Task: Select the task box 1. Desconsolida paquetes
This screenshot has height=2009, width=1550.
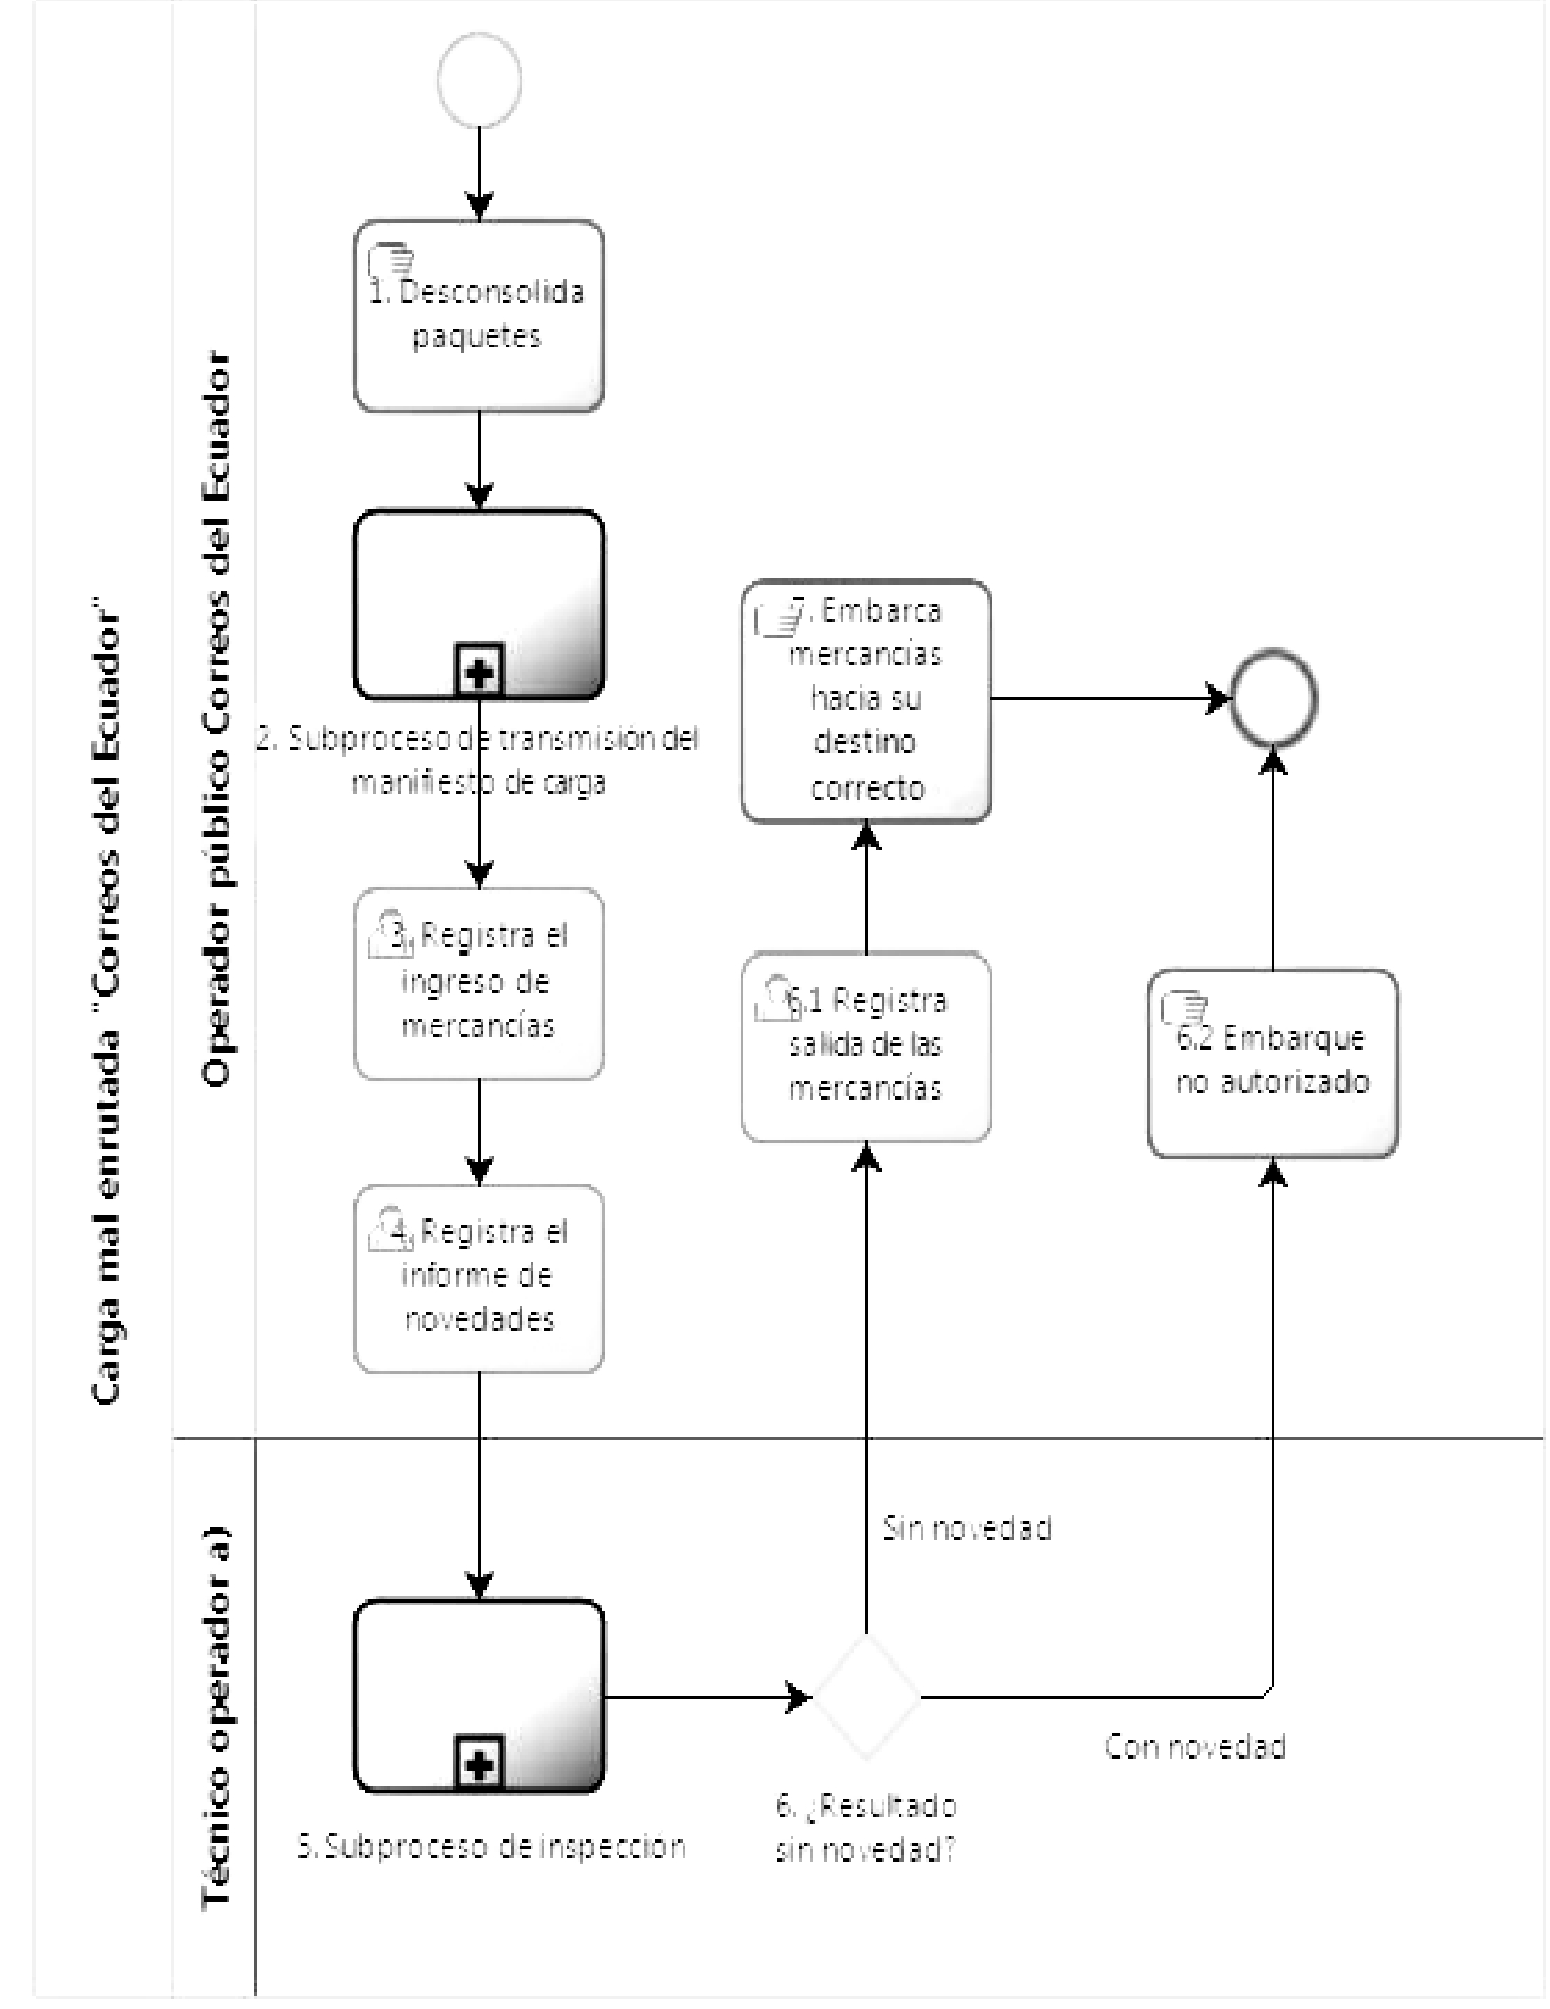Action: tap(479, 315)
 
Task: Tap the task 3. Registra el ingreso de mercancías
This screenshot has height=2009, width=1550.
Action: tap(479, 983)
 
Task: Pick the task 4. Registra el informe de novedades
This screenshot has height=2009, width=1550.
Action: tap(479, 1279)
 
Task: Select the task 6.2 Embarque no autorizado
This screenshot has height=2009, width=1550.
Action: tap(1273, 1062)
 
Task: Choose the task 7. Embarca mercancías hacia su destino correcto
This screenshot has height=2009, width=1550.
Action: tap(865, 700)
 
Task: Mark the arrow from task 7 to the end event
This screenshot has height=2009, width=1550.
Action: tap(1111, 699)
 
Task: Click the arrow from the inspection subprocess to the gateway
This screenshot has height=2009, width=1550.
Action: tap(708, 1697)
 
